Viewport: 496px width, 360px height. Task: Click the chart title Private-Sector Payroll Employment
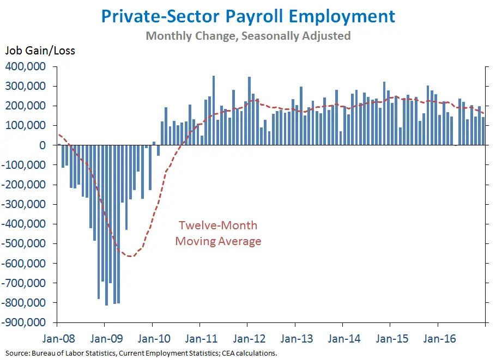[x=248, y=16]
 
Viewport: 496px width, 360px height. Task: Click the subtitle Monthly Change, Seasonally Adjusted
[x=248, y=36]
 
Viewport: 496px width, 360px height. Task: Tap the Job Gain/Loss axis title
[x=40, y=51]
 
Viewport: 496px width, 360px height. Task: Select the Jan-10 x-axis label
[x=153, y=338]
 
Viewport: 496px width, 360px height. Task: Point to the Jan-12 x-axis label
[x=248, y=338]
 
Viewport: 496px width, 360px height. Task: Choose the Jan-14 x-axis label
[x=344, y=338]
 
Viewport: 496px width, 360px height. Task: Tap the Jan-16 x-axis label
[x=439, y=338]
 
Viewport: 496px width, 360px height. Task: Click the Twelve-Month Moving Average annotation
[x=218, y=233]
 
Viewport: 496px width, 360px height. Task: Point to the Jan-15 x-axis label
[x=391, y=338]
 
